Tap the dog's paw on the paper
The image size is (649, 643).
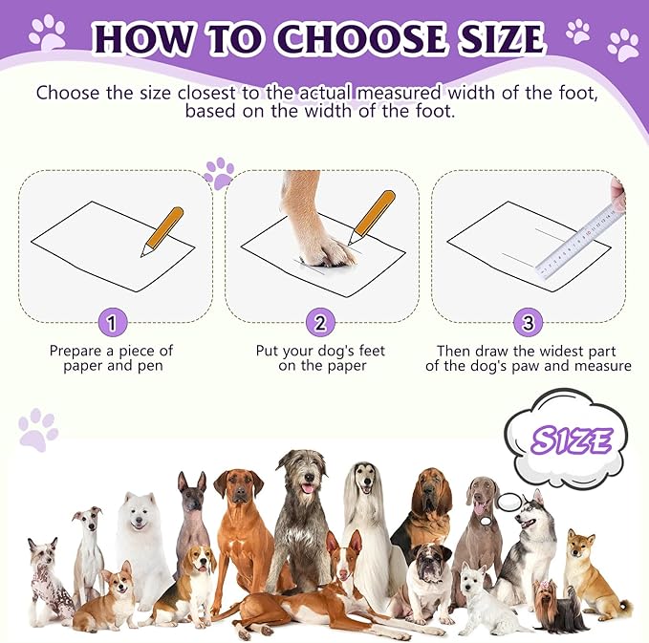[x=323, y=250]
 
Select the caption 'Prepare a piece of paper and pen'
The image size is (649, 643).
[x=112, y=358]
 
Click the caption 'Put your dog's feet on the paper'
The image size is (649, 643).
[x=320, y=358]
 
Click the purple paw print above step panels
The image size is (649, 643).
[x=219, y=173]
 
